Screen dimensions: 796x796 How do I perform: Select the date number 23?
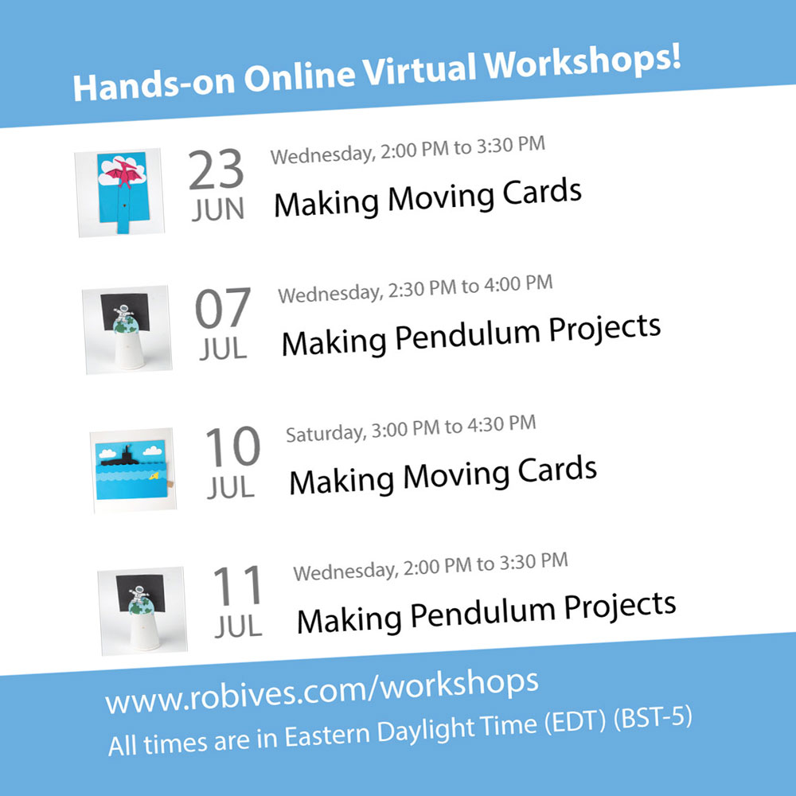tap(216, 170)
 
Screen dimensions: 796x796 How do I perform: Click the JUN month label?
tap(218, 209)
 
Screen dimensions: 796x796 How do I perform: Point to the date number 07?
tap(223, 308)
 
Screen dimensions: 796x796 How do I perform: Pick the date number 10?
tap(233, 447)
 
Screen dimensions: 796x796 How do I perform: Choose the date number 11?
tap(237, 585)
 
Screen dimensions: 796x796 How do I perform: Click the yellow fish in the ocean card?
tap(154, 476)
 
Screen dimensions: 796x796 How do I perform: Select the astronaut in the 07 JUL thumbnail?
tap(123, 312)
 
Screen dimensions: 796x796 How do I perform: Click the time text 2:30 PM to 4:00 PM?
tap(470, 287)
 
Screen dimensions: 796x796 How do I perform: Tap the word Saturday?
tap(326, 433)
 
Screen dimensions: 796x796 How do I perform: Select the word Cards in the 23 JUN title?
tap(542, 193)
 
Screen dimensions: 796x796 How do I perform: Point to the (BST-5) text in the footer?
tap(653, 717)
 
